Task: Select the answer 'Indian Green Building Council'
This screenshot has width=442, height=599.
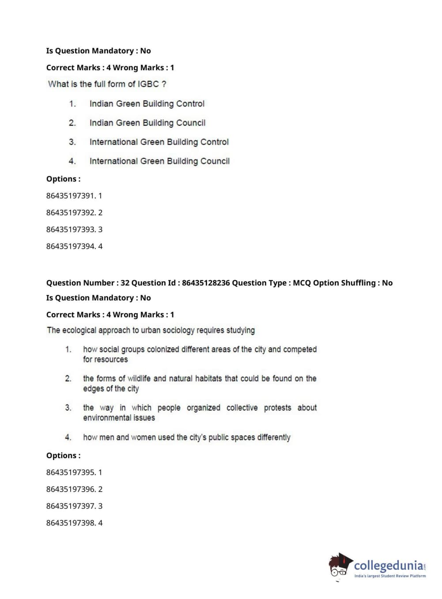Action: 147,123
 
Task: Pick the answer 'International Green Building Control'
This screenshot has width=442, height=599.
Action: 159,142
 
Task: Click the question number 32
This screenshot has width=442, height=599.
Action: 125,283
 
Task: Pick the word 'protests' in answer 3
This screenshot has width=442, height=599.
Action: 277,407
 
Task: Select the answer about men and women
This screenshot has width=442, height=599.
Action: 186,437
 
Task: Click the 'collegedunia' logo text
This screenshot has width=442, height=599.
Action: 388,565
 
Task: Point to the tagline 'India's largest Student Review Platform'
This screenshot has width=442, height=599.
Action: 390,576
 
